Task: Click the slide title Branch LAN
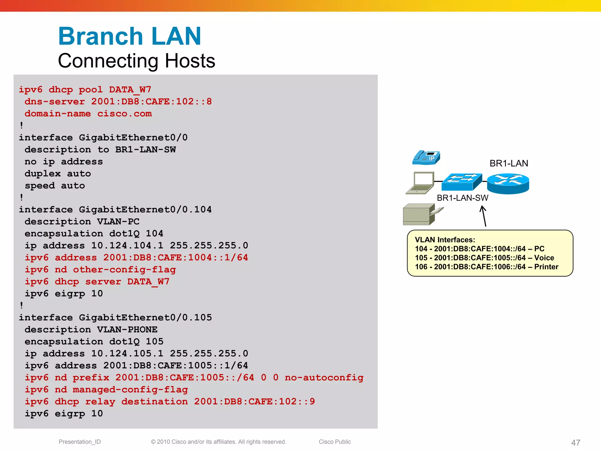[130, 36]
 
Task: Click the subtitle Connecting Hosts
[136, 61]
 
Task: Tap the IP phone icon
[426, 158]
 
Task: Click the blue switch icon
[461, 182]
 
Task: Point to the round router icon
[508, 183]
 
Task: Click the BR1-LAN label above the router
[509, 163]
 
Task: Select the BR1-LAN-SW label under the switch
[462, 198]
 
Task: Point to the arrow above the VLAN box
[484, 216]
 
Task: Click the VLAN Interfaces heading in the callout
[445, 240]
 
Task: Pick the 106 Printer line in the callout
[486, 267]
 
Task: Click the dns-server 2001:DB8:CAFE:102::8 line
[118, 102]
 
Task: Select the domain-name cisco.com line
[88, 114]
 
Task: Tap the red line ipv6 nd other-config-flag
[100, 270]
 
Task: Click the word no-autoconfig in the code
[324, 377]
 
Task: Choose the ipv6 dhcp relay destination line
[170, 401]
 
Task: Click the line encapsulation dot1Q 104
[94, 233]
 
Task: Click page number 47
[575, 442]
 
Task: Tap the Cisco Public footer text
[335, 442]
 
